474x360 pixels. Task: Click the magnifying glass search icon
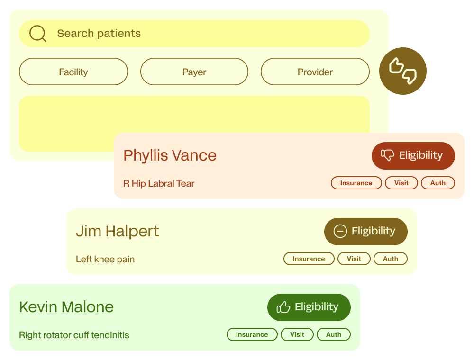pos(37,34)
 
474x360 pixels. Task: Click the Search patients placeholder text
pos(99,34)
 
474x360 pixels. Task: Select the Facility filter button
pos(73,72)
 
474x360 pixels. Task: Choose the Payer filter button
pos(194,72)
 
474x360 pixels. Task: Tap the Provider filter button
pos(315,72)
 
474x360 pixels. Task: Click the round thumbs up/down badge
pos(403,71)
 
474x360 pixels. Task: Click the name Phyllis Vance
pos(170,155)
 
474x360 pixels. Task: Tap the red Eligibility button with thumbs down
pos(413,155)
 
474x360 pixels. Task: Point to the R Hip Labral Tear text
pos(159,183)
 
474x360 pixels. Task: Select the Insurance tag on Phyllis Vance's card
pos(356,183)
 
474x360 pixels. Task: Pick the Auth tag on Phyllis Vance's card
pos(438,183)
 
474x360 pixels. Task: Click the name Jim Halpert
pos(118,231)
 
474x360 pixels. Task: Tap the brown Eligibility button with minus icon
pos(365,231)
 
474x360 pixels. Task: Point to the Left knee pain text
pos(105,259)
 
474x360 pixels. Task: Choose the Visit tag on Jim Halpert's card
pos(354,259)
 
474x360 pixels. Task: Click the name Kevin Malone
pos(66,307)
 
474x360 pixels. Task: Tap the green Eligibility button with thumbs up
pos(309,307)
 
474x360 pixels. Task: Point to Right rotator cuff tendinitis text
pos(74,335)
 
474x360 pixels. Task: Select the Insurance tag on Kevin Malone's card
pos(252,334)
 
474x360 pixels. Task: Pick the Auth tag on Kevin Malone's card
pos(333,334)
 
